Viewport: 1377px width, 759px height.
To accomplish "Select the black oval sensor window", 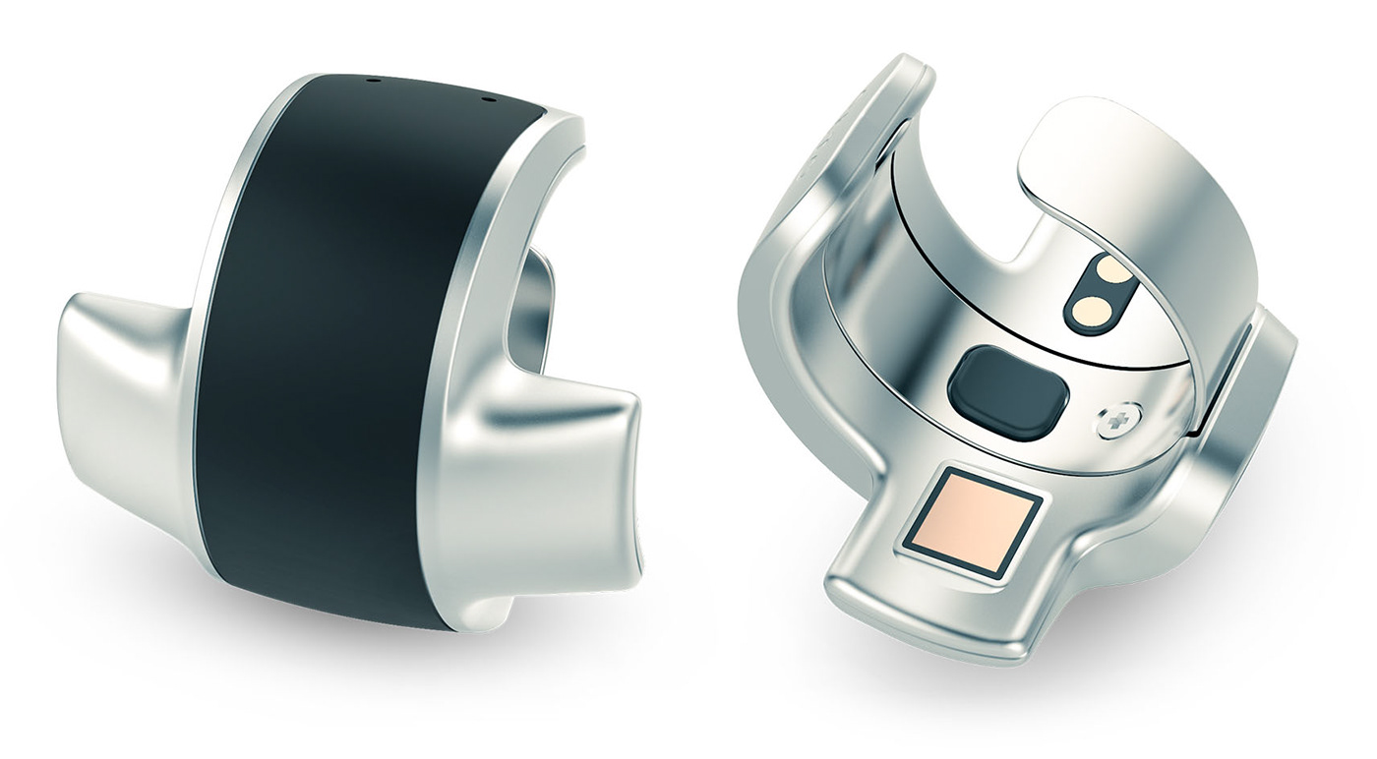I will click(x=1007, y=391).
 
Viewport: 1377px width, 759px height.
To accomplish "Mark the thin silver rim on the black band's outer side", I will click(x=221, y=246).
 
